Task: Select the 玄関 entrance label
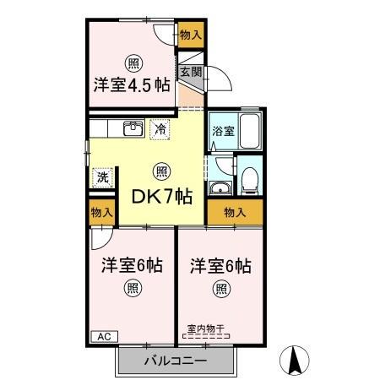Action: (190, 73)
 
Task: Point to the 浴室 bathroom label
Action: (222, 131)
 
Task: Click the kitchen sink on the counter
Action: (133, 128)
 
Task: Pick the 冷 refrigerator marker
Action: (160, 130)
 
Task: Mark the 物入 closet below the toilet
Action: (235, 212)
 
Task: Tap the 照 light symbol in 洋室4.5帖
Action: (133, 62)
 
